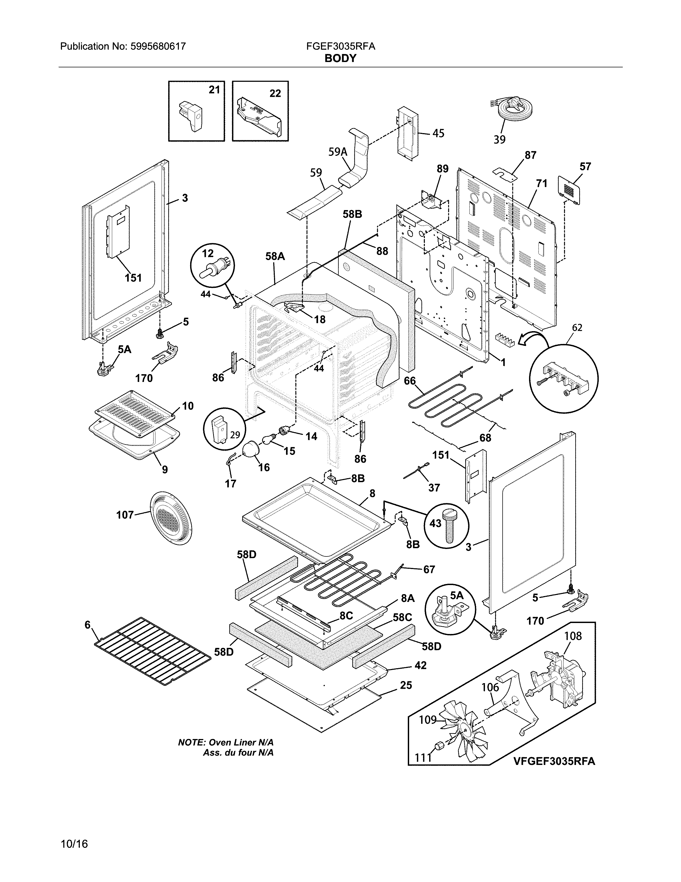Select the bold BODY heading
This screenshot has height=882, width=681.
[x=340, y=59]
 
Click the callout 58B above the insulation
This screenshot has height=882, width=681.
[x=352, y=214]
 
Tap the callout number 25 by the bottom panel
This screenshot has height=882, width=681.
[x=406, y=685]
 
